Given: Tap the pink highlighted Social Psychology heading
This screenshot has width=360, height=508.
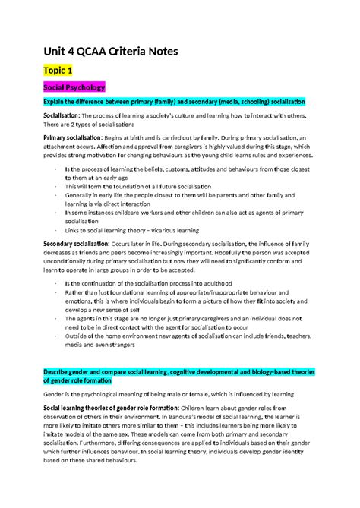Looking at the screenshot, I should click(75, 87).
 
